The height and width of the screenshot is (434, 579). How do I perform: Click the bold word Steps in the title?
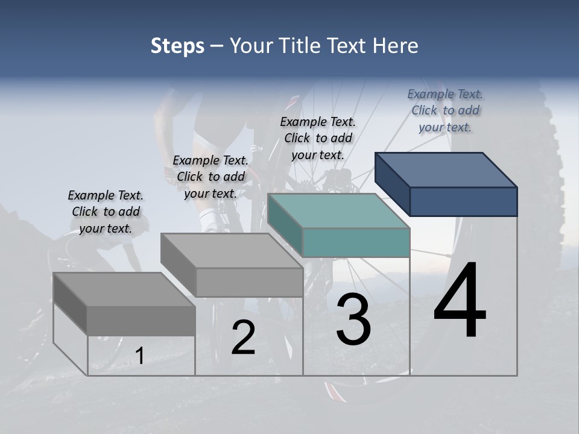[x=177, y=46]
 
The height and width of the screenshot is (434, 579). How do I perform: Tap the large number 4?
[x=460, y=301]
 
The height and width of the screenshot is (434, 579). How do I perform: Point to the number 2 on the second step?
[x=243, y=338]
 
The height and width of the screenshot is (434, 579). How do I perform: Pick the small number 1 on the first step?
[x=139, y=356]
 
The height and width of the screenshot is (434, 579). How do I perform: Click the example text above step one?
[x=106, y=212]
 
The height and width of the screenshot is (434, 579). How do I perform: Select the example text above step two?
[x=210, y=177]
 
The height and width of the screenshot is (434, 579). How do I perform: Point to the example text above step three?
[x=318, y=138]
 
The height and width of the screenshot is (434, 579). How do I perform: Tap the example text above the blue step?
[x=445, y=110]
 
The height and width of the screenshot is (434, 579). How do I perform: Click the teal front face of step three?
[x=356, y=242]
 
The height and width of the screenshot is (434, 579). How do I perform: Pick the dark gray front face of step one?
[x=141, y=320]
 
